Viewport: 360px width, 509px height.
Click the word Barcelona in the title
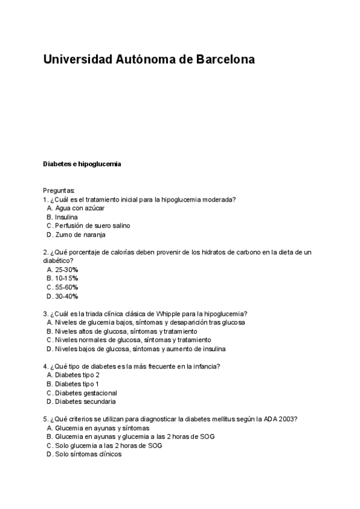click(226, 60)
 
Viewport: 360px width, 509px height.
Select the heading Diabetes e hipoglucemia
click(82, 164)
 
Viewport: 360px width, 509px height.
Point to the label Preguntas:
click(59, 190)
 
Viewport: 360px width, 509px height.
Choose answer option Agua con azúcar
click(79, 208)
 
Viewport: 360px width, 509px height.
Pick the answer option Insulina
click(66, 217)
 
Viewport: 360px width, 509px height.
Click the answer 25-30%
click(67, 270)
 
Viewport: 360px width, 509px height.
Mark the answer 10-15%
click(67, 279)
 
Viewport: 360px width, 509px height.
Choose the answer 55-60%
click(67, 287)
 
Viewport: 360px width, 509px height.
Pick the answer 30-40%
click(67, 296)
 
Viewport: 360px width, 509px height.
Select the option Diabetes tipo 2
click(77, 375)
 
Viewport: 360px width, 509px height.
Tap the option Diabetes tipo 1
click(77, 384)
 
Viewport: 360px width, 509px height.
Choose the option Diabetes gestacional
click(86, 393)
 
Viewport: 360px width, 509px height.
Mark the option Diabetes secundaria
click(85, 402)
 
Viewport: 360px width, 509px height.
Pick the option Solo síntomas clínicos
click(88, 454)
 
